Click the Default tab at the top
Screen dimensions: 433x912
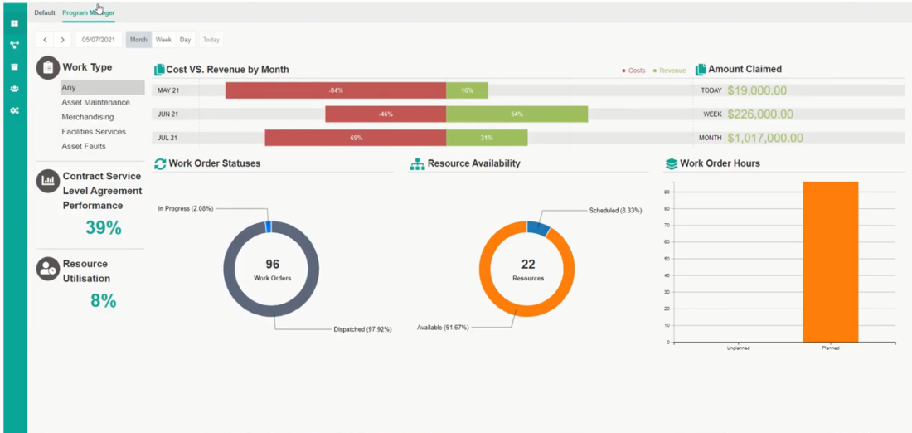45,12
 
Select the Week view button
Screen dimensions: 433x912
163,40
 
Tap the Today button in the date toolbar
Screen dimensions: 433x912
211,40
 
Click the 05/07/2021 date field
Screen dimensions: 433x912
98,40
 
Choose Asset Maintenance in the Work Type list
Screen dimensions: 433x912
95,103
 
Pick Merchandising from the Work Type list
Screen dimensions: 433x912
87,117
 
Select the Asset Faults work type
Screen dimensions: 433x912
84,146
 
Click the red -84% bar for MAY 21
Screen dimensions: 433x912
335,90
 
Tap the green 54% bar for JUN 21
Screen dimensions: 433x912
517,114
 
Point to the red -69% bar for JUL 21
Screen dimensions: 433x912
355,138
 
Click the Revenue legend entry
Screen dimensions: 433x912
672,71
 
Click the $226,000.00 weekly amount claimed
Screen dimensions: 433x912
760,114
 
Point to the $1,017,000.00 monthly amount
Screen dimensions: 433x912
765,138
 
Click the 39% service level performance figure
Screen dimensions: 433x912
104,228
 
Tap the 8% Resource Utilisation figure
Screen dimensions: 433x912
104,301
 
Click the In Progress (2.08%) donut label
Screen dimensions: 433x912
186,208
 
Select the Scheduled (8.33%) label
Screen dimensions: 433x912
615,211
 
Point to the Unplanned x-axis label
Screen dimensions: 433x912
738,348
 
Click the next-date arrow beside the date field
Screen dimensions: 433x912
63,40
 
